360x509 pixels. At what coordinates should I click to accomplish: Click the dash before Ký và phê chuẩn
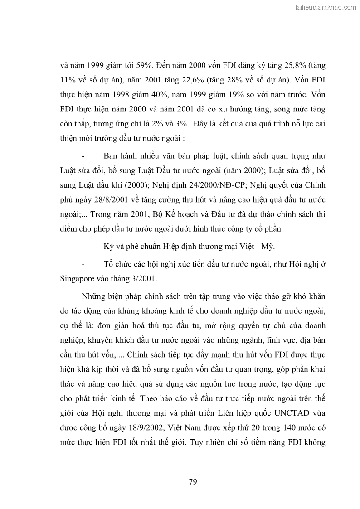point(83,247)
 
